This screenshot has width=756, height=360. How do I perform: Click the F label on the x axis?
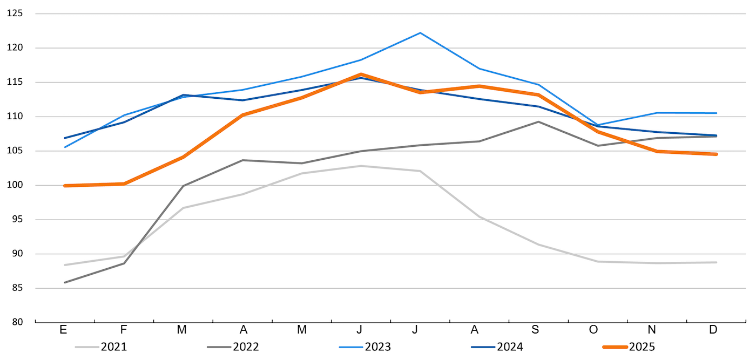pyautogui.click(x=124, y=330)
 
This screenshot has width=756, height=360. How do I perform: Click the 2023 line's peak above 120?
pyautogui.click(x=420, y=33)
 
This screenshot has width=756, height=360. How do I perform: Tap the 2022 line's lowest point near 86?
pyautogui.click(x=65, y=282)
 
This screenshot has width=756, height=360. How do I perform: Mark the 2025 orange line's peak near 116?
pyautogui.click(x=361, y=74)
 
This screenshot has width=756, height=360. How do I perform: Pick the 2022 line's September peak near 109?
pyautogui.click(x=538, y=122)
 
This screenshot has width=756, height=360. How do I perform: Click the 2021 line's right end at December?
pyautogui.click(x=716, y=262)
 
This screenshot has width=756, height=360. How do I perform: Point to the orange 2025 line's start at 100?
pyautogui.click(x=65, y=186)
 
